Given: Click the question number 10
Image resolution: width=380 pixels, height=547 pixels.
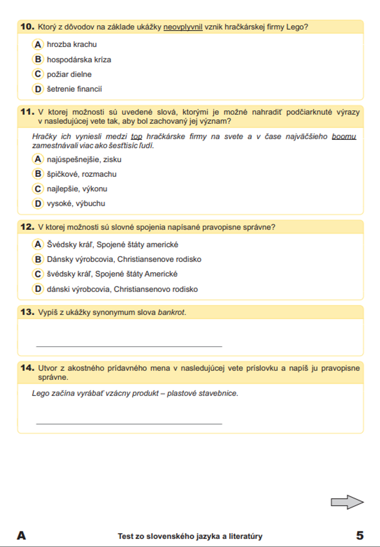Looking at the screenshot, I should point(27,27).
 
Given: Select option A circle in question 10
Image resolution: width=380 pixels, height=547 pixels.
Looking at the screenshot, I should point(38,44).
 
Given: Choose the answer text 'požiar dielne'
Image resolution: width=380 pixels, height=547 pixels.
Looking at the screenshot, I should point(69,74).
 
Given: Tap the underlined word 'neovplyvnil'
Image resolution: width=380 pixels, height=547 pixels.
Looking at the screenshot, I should point(183,27).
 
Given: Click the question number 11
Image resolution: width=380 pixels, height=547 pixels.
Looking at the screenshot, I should point(27,112).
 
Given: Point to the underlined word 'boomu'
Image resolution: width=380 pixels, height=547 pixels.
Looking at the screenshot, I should point(344,137).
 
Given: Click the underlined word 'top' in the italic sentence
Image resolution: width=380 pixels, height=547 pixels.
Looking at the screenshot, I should point(136,137).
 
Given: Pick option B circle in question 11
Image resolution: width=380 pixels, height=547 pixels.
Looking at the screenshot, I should point(38,174).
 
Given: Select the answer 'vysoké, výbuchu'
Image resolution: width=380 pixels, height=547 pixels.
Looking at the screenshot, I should point(76,203).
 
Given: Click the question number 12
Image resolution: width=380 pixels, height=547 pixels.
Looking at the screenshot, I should point(27,227).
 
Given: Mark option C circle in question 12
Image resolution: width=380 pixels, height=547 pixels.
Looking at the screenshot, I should point(38,274).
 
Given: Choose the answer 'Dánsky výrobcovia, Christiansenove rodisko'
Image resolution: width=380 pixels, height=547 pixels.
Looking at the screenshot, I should point(124,259).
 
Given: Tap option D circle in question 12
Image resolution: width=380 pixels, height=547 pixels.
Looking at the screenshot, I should point(38,289).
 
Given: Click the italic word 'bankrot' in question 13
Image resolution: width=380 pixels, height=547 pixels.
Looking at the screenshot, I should point(171,312).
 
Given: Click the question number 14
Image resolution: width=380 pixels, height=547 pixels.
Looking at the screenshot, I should point(27,367).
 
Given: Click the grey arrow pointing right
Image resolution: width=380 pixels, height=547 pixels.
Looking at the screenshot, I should point(347,502).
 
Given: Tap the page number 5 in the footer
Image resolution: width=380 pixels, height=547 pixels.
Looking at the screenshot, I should point(360,535).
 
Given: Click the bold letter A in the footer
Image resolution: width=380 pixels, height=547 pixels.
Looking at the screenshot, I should point(22,536).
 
